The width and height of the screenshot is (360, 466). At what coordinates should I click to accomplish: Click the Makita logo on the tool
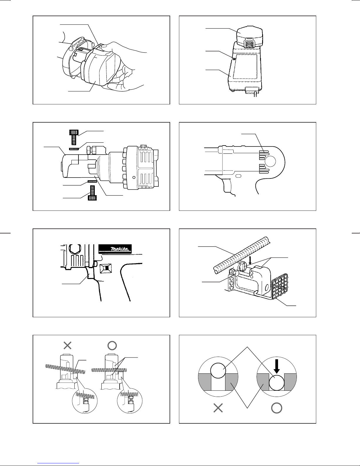115,249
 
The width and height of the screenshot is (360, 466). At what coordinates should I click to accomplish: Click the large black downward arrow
277,366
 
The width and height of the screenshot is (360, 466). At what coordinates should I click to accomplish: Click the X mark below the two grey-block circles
218,408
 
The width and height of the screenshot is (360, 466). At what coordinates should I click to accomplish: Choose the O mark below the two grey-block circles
277,408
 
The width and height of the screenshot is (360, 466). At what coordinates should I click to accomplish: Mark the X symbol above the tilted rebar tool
68,345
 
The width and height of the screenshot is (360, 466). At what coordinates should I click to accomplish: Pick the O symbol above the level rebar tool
112,345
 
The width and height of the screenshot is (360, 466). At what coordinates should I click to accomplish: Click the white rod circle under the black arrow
277,383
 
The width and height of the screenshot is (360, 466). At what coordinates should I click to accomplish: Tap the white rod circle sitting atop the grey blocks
218,370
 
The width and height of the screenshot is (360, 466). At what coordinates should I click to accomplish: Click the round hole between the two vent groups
270,161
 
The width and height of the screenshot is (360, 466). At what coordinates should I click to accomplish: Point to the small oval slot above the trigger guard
238,176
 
